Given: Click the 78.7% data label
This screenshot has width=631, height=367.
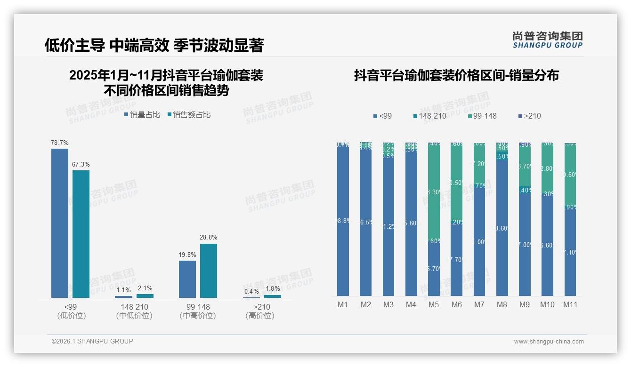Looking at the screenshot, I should [x=60, y=143].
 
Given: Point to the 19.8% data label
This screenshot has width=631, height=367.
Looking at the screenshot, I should [x=187, y=255].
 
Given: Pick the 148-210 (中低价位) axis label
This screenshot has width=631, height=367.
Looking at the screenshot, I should [x=134, y=311].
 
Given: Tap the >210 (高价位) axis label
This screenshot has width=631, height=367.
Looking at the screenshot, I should [x=259, y=311].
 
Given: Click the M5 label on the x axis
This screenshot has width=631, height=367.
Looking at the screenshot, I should [x=434, y=304].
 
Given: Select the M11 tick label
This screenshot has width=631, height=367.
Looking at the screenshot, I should [x=570, y=304].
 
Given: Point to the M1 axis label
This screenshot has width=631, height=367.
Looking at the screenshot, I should [x=343, y=304].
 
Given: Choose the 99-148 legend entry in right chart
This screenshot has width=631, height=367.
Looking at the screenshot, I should [x=483, y=116].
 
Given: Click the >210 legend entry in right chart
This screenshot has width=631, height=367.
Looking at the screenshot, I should [x=529, y=116].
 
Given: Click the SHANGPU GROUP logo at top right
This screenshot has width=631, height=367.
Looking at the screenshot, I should [x=547, y=40].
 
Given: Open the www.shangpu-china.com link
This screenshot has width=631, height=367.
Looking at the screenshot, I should [x=549, y=342].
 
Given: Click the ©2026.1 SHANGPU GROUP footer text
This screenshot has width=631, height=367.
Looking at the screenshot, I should [x=92, y=341].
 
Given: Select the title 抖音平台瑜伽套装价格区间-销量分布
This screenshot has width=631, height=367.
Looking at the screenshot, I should [x=456, y=75].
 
